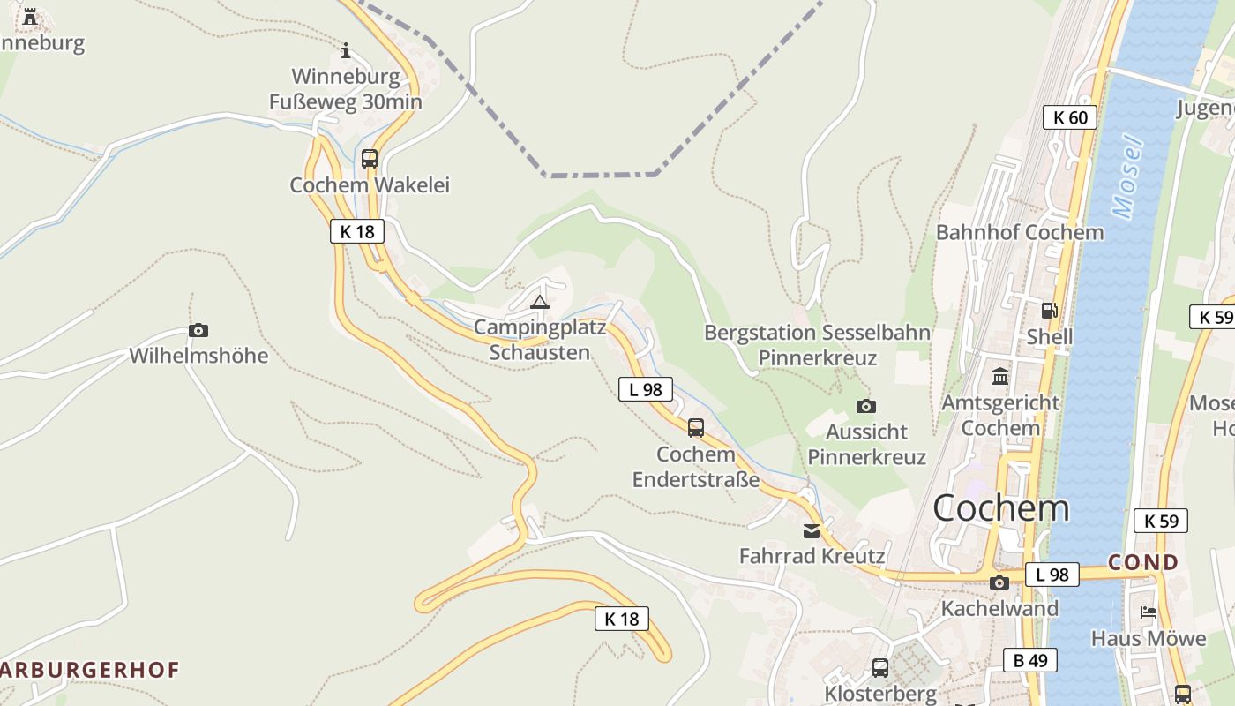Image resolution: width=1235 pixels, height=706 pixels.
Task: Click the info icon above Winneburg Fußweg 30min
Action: (346, 49)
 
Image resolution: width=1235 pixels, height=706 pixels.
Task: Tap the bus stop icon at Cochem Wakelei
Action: (370, 159)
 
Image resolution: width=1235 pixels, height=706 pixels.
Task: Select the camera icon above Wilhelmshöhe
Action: (198, 330)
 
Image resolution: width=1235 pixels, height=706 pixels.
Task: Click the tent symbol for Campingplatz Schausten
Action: (540, 303)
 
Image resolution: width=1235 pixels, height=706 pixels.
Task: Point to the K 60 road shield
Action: (1070, 117)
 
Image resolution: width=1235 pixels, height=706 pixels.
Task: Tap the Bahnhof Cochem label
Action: (1020, 232)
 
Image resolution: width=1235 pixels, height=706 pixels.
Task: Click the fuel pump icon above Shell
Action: (1049, 310)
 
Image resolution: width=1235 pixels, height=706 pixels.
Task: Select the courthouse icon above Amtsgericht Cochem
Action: (1000, 377)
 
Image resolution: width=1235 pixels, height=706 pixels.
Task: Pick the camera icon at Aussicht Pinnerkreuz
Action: (866, 406)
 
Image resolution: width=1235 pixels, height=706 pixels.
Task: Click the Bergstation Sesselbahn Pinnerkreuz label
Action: (818, 345)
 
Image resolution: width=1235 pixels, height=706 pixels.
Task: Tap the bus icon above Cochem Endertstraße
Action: (696, 428)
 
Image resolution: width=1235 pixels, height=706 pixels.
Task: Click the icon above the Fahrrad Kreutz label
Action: (811, 531)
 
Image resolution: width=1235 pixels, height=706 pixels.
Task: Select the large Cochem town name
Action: (1000, 508)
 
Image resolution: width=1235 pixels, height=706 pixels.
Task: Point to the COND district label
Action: (1143, 562)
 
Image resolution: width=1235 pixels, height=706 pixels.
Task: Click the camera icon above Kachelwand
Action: (999, 582)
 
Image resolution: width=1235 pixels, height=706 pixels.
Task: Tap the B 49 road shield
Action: (1029, 659)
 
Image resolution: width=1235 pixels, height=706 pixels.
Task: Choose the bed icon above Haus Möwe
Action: (1149, 612)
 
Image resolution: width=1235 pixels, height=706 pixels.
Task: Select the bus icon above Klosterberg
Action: (880, 668)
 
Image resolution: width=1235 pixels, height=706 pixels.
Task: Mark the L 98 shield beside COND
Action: (1052, 575)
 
